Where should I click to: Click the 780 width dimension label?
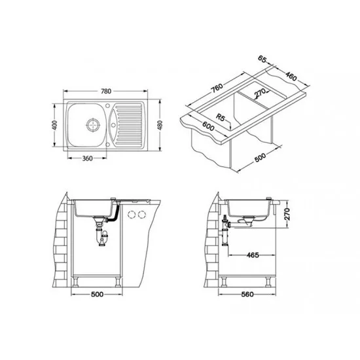106,91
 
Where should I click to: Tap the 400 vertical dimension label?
54,125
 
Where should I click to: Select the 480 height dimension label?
160,125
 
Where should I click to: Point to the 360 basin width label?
87,158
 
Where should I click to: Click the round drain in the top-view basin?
93,125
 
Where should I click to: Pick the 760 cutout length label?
217,88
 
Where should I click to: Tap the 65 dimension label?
262,59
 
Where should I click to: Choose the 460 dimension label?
291,76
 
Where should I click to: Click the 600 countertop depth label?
208,126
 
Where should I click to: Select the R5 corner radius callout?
220,118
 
